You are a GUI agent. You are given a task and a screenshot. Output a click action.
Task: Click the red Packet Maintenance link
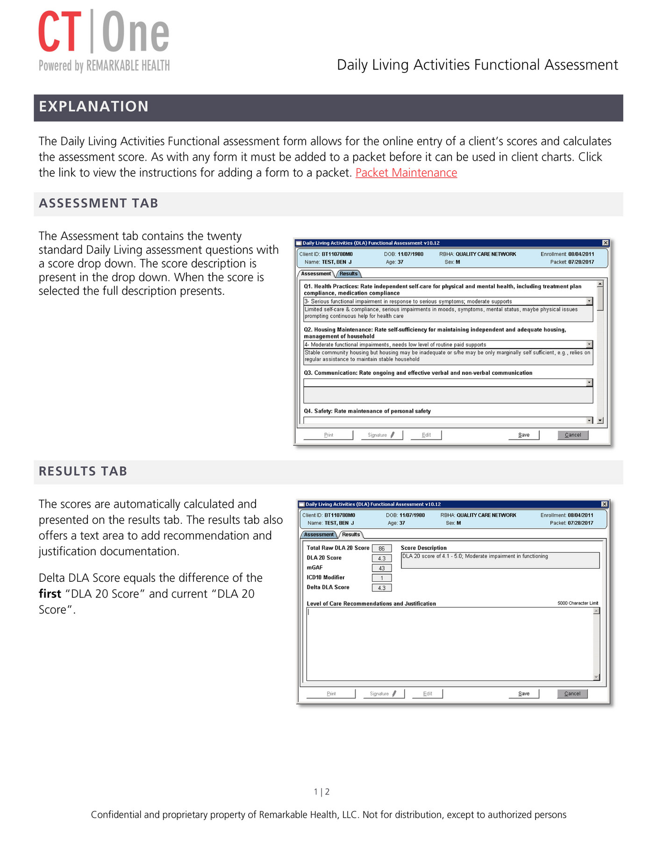[x=406, y=173]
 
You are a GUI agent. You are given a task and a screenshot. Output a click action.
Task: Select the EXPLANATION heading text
[x=93, y=107]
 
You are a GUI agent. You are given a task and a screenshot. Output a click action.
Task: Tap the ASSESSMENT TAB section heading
[x=99, y=204]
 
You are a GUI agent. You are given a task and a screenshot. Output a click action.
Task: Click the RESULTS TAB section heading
[x=83, y=471]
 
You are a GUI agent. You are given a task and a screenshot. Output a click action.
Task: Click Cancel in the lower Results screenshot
[x=572, y=694]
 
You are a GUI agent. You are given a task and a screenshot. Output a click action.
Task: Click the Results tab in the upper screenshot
[x=348, y=274]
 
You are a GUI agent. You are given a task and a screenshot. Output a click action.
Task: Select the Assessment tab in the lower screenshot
[x=319, y=535]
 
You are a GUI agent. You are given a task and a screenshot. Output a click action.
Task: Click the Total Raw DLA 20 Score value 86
[x=382, y=549]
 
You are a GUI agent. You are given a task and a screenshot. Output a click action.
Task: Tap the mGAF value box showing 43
[x=382, y=568]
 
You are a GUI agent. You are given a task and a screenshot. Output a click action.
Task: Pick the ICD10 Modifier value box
[x=382, y=578]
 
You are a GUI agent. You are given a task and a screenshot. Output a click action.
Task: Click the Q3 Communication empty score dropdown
[x=448, y=383]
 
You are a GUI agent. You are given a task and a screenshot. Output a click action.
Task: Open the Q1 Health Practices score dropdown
[x=448, y=301]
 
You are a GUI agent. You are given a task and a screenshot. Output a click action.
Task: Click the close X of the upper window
[x=605, y=243]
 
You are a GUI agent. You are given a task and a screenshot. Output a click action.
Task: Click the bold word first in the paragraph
[x=50, y=594]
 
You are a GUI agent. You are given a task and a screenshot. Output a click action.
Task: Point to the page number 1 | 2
[x=321, y=792]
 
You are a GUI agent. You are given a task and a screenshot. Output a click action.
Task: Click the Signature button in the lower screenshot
[x=383, y=694]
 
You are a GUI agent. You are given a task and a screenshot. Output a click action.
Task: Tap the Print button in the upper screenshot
[x=328, y=435]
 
